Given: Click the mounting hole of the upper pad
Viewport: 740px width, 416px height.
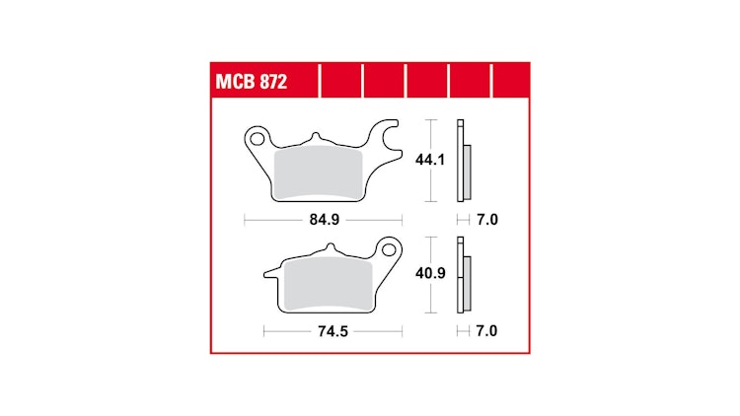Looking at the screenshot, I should tap(259, 134).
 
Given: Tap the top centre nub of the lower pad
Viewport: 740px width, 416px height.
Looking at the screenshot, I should tap(320, 253).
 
